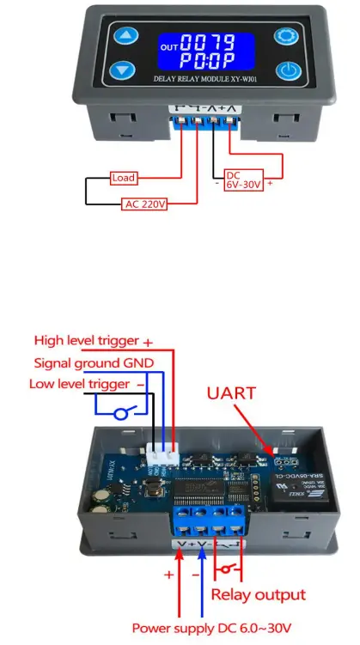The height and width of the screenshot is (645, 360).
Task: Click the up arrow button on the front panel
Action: (x=128, y=36)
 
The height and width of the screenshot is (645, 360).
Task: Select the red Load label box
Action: (x=124, y=179)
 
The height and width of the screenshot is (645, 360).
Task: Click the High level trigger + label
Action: (x=93, y=341)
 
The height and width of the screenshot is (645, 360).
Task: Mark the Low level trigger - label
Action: (x=79, y=383)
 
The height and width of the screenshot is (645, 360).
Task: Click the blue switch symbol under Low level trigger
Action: (x=121, y=414)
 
